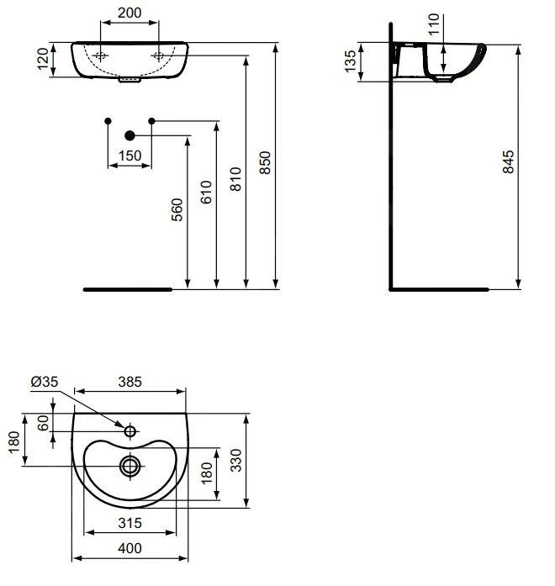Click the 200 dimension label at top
[129, 13]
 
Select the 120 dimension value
[43, 59]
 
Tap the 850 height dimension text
[265, 162]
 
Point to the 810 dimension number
[235, 179]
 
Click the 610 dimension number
[206, 193]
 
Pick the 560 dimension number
[177, 210]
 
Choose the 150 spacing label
[129, 156]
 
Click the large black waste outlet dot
[129, 135]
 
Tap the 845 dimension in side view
[508, 161]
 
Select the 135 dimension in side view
[351, 61]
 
